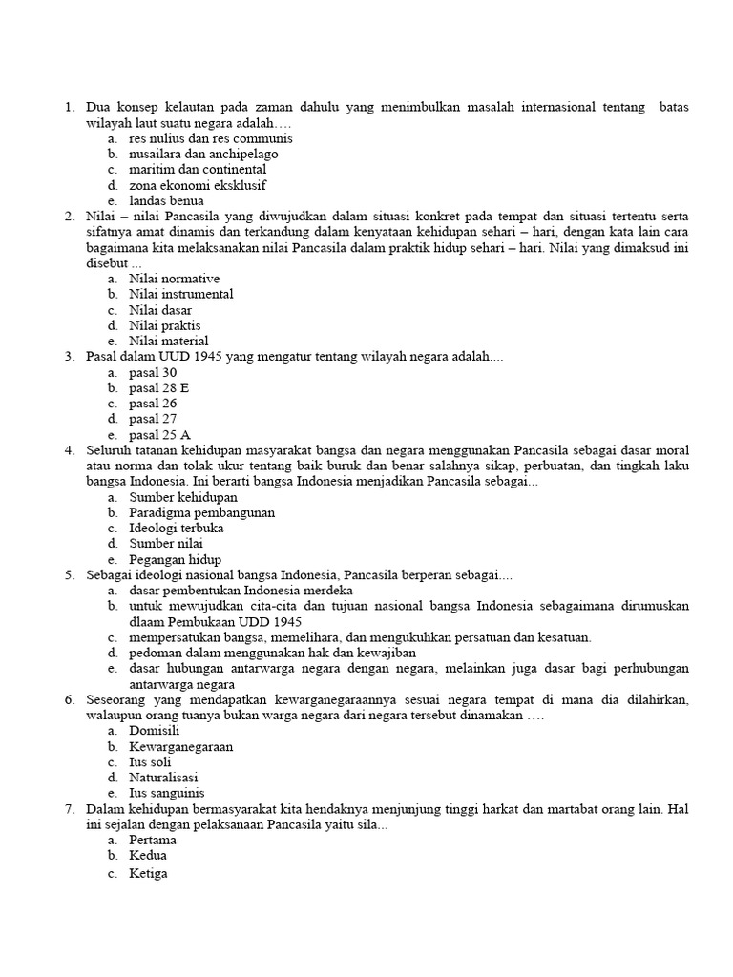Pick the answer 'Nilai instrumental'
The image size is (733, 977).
click(x=180, y=294)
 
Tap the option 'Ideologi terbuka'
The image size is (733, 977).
click(x=177, y=528)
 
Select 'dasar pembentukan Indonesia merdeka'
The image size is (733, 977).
click(x=241, y=591)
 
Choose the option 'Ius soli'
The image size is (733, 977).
click(x=151, y=761)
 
